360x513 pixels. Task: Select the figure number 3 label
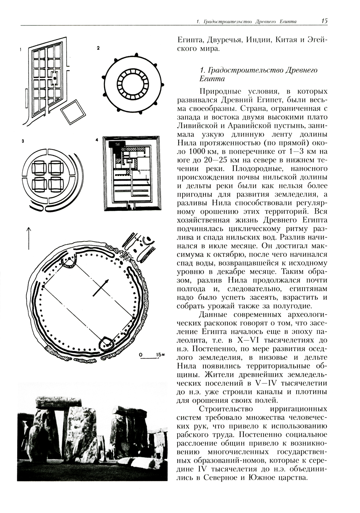[23, 142]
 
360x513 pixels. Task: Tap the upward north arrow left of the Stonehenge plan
[29, 238]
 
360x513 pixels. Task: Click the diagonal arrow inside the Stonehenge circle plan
[101, 287]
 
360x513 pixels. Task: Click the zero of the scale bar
[141, 355]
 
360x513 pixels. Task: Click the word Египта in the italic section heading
[212, 79]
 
